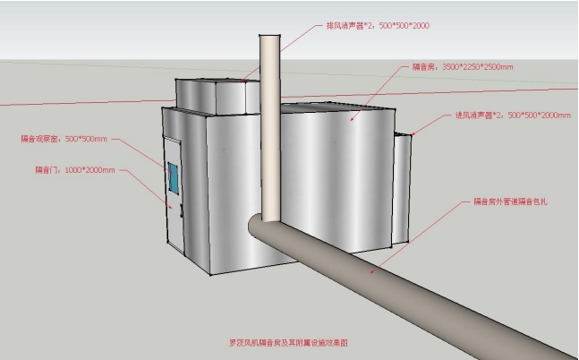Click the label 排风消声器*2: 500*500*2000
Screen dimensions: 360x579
[x=377, y=26]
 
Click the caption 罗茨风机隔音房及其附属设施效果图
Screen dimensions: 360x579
[x=287, y=342]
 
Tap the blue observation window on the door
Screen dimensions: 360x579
[x=172, y=178]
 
